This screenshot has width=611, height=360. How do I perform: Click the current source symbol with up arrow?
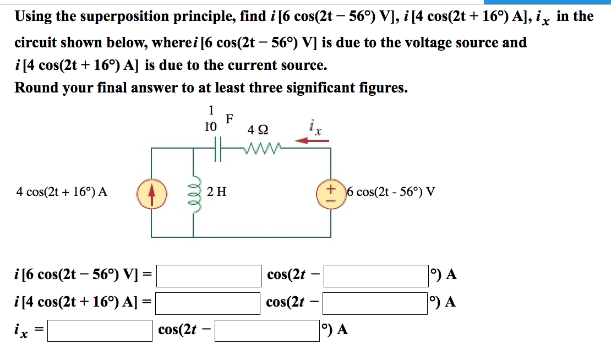(151, 193)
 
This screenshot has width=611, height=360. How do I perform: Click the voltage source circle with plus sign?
(331, 193)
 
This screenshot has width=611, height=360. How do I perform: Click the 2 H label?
(217, 192)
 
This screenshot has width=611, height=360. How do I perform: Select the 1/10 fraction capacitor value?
(210, 119)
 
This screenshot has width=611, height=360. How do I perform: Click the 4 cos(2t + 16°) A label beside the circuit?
(62, 192)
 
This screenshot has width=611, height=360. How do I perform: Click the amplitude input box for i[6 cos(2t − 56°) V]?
(209, 276)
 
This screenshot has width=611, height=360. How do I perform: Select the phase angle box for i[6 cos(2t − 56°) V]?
(376, 276)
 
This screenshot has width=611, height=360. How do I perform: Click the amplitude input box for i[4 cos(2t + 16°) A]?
(208, 303)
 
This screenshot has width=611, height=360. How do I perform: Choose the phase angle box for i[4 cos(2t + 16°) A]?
(375, 303)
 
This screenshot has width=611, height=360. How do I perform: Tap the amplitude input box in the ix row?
(100, 330)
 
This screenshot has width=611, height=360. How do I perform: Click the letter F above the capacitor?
(230, 118)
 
